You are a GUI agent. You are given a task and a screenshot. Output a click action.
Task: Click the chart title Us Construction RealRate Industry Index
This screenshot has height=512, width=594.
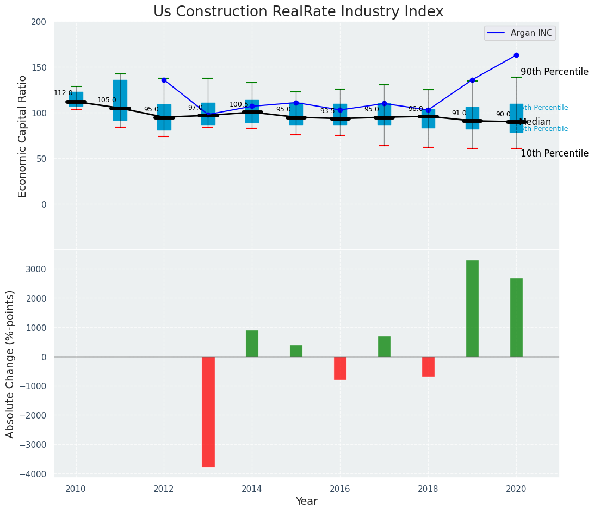[x=298, y=12]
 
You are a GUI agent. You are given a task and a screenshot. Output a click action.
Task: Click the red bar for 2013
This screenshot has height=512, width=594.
[x=208, y=411]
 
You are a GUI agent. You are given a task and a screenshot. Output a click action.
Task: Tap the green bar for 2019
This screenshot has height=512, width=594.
[x=472, y=308]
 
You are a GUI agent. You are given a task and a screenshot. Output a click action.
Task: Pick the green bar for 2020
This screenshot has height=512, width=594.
[x=516, y=317]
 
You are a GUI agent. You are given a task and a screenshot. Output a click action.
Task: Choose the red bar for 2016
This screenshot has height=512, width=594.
[x=340, y=368]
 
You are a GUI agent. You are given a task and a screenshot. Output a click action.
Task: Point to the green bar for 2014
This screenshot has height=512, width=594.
[x=252, y=344]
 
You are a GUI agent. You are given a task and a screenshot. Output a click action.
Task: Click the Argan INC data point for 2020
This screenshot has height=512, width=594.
[x=516, y=55]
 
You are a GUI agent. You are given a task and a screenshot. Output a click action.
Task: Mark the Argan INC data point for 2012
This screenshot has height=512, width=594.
[x=164, y=80]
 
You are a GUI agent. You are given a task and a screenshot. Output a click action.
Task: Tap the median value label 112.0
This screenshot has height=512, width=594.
[x=63, y=93]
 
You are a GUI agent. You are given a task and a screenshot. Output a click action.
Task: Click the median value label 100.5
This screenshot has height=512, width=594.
[x=239, y=104]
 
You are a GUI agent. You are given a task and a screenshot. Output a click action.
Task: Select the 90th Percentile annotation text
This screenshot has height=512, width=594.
[x=554, y=72]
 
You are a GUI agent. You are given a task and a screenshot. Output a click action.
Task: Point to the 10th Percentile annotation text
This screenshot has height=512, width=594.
[x=554, y=153]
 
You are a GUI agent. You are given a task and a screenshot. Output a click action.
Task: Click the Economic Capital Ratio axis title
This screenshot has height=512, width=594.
[x=23, y=136]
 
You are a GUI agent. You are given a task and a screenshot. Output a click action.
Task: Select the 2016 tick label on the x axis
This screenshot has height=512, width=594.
[x=340, y=489]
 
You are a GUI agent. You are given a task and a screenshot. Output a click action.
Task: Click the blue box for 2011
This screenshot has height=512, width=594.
[x=120, y=100]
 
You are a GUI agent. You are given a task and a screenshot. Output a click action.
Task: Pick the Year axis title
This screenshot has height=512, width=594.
[x=306, y=502]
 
